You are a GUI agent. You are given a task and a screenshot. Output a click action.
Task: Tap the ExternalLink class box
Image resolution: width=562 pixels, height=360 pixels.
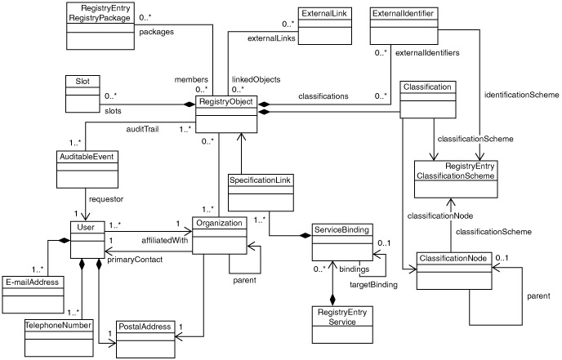click(322, 25)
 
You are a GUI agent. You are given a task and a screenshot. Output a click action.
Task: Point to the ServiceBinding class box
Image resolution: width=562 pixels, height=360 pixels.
click(343, 241)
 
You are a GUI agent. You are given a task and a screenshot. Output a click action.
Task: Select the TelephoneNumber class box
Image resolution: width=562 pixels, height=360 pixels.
click(58, 336)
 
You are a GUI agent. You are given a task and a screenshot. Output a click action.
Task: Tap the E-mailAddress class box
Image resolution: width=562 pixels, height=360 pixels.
click(33, 289)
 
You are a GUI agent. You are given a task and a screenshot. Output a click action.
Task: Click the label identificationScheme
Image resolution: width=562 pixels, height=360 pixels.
click(521, 95)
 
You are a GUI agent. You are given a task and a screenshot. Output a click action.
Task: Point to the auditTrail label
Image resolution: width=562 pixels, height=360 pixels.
click(141, 129)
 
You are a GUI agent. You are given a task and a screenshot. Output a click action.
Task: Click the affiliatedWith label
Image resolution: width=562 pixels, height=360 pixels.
click(165, 240)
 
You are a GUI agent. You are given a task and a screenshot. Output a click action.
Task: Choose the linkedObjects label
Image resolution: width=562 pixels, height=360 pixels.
click(256, 79)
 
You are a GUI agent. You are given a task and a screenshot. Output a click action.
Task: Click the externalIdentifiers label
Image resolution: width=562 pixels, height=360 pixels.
click(426, 53)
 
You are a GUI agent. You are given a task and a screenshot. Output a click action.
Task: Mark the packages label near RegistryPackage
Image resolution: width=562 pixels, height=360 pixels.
click(156, 32)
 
